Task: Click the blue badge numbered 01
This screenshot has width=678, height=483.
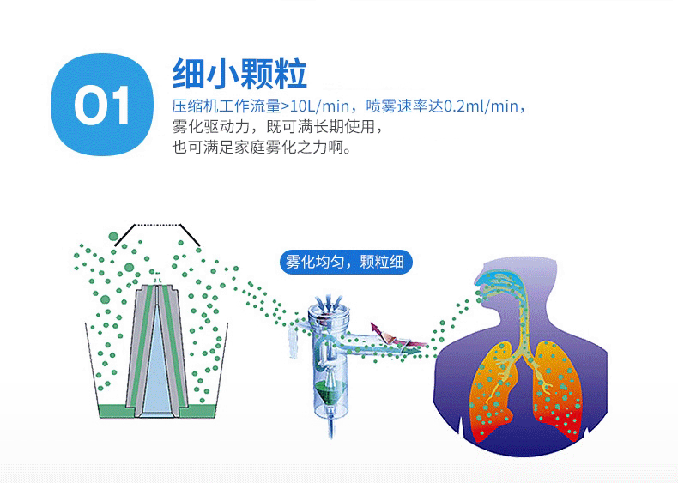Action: pos(102,104)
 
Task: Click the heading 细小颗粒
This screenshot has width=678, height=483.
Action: pos(239,74)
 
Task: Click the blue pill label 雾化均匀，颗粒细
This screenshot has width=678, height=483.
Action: pos(346,262)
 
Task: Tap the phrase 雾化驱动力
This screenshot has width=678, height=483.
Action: pos(211,127)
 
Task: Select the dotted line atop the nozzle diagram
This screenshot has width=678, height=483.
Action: pos(157,225)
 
